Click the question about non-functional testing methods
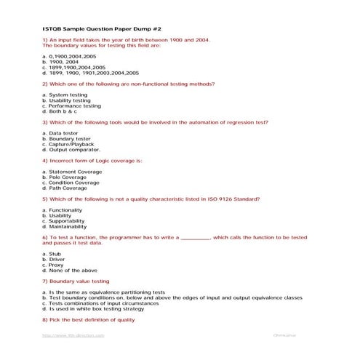tap(128, 84)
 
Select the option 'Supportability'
tap(66, 221)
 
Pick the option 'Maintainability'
tap(67, 226)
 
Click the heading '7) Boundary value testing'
tap(76, 281)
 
